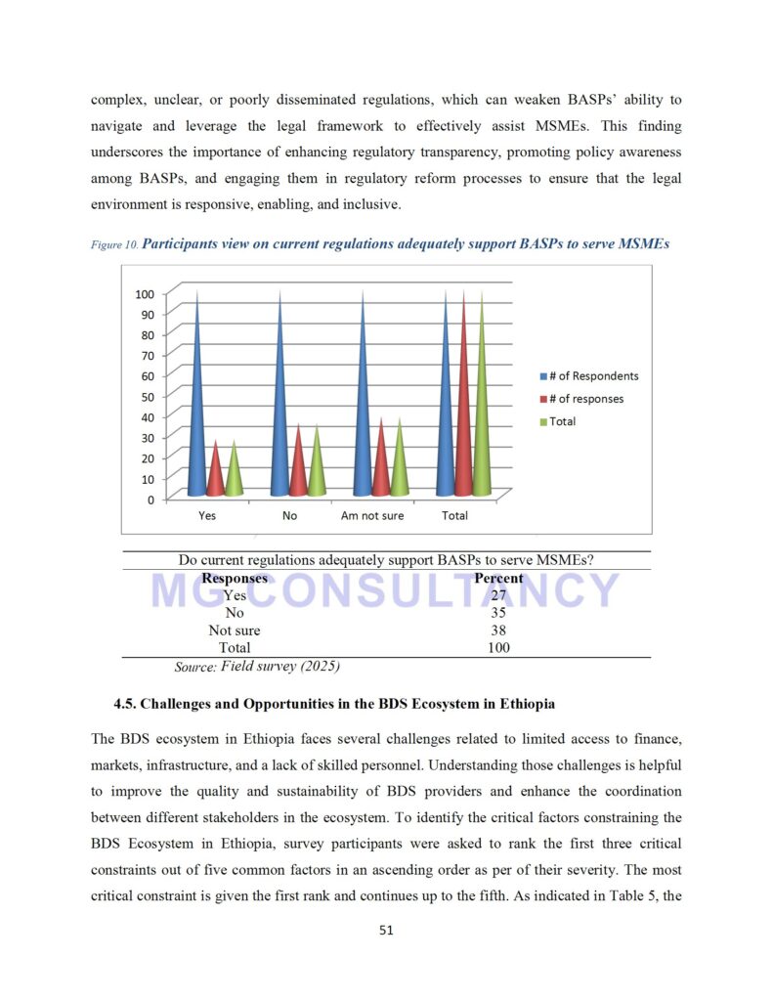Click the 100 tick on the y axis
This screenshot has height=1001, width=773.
pos(145,293)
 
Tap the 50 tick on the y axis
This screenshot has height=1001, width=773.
pos(148,396)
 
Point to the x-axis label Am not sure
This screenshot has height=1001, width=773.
pos(371,515)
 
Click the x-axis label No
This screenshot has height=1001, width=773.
pos(289,515)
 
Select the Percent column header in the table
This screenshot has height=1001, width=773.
pos(498,578)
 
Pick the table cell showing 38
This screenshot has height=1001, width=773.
pos(498,631)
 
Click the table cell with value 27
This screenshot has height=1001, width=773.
pos(498,595)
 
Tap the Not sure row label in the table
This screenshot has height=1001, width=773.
pos(235,631)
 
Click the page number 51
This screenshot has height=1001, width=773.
pos(386,931)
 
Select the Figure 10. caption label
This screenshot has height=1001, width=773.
pos(114,245)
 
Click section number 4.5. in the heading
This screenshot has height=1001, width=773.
pos(130,703)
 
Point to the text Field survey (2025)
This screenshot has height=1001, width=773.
pos(280,667)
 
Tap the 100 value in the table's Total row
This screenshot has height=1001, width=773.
pos(498,647)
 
